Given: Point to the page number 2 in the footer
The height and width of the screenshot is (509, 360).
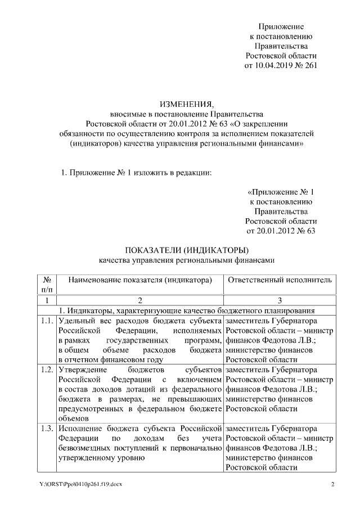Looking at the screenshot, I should [332, 484].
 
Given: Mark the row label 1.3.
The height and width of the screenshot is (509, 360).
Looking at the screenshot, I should [47, 429].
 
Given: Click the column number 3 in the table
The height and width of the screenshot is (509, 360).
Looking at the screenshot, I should [280, 300].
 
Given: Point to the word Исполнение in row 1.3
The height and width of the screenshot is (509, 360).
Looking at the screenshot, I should [80, 429].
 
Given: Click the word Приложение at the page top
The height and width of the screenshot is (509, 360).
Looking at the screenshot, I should [281, 26].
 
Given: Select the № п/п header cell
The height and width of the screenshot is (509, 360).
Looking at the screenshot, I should [47, 284].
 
